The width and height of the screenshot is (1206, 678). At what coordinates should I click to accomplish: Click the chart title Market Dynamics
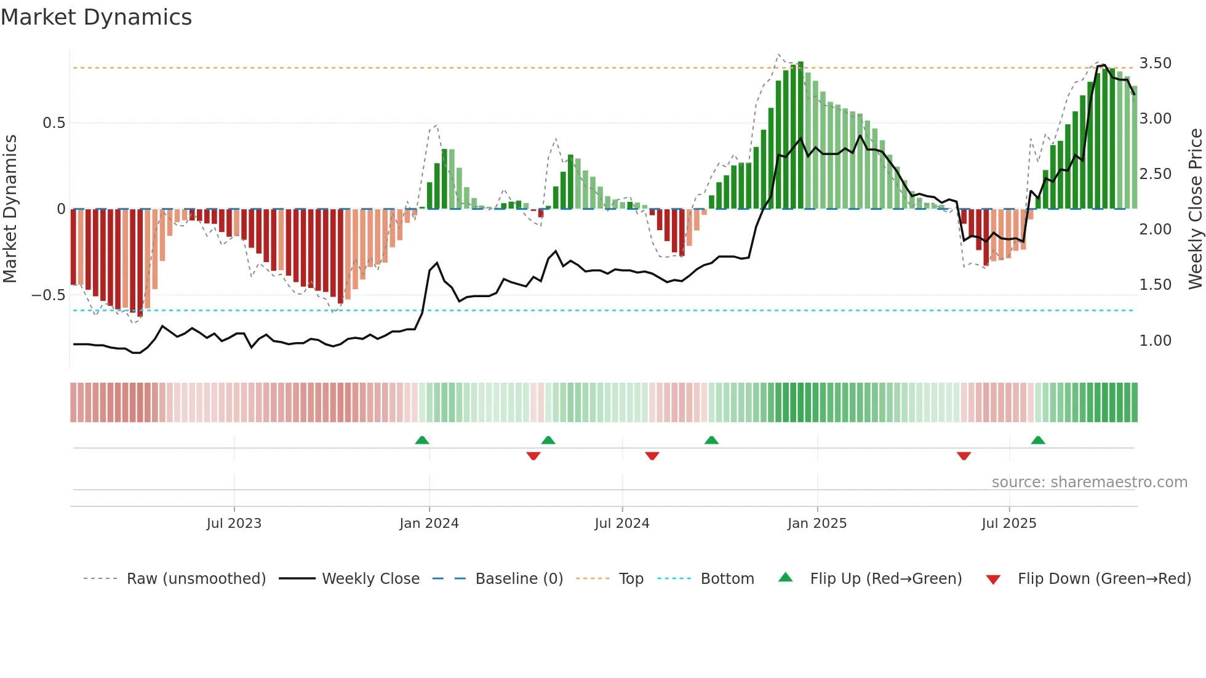coord(96,17)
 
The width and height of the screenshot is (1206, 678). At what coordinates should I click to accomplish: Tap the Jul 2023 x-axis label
coord(234,524)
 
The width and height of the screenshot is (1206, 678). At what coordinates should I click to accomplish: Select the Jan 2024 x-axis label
coord(429,524)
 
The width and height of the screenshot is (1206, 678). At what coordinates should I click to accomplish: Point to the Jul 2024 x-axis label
coord(622,524)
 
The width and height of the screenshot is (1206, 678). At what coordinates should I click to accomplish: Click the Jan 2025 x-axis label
coord(817,524)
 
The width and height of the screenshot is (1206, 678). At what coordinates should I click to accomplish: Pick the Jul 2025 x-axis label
coord(1009,524)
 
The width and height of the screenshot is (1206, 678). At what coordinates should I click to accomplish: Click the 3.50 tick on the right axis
coord(1155,63)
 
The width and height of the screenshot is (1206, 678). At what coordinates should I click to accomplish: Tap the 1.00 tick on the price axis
coord(1155,341)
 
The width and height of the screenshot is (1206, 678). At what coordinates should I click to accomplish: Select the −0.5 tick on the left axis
coord(48,295)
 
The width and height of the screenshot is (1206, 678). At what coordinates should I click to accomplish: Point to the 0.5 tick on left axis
coord(54,123)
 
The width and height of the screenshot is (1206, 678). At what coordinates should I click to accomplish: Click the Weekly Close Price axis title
coord(1195,209)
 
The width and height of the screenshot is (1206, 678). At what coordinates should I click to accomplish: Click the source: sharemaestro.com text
coord(1089,482)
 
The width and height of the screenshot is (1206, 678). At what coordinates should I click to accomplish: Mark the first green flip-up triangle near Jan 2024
coord(422,440)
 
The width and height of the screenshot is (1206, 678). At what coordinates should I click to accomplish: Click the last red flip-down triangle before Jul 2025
coord(964,456)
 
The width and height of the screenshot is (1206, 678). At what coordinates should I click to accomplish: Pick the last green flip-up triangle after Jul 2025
coord(1038,440)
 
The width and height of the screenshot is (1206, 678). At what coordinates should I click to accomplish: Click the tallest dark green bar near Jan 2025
coord(801,135)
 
